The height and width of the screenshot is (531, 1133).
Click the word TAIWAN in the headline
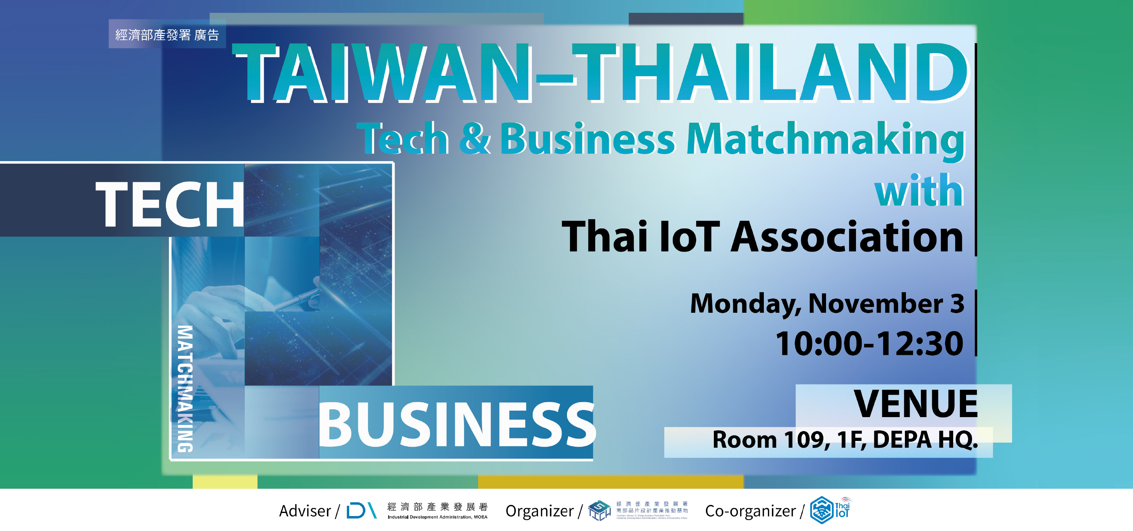pos(383,73)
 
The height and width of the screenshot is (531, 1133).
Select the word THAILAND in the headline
pos(770,73)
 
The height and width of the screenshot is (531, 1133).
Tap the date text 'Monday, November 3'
pos(827,304)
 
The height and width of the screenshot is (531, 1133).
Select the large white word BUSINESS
pos(456,425)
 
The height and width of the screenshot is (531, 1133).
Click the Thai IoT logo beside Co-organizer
pos(830,510)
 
